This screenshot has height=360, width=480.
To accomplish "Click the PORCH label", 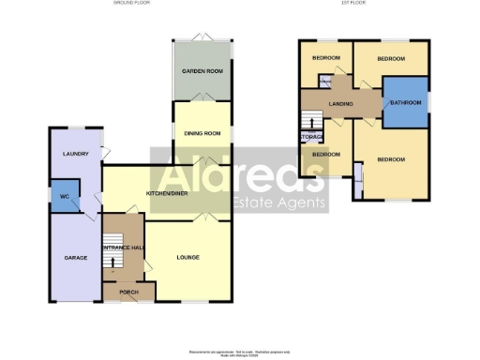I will point(128,292).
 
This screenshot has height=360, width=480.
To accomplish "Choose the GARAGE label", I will point(75,257).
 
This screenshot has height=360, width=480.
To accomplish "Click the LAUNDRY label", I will point(75,154).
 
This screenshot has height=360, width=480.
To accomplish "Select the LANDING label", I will point(340,103).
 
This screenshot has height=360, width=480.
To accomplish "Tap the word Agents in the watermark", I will point(306,203).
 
